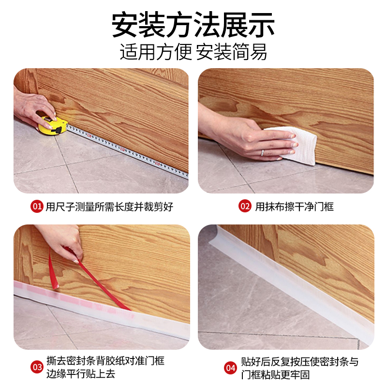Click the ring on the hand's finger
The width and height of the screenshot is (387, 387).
pyautogui.click(x=262, y=152)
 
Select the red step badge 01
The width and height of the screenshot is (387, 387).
pyautogui.click(x=37, y=207)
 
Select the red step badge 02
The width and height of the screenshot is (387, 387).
pyautogui.click(x=245, y=207)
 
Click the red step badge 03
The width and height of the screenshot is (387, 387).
pyautogui.click(x=37, y=367)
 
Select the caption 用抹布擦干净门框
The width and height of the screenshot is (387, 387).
pyautogui.click(x=295, y=207)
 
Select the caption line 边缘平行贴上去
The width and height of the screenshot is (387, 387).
pyautogui.click(x=82, y=374)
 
